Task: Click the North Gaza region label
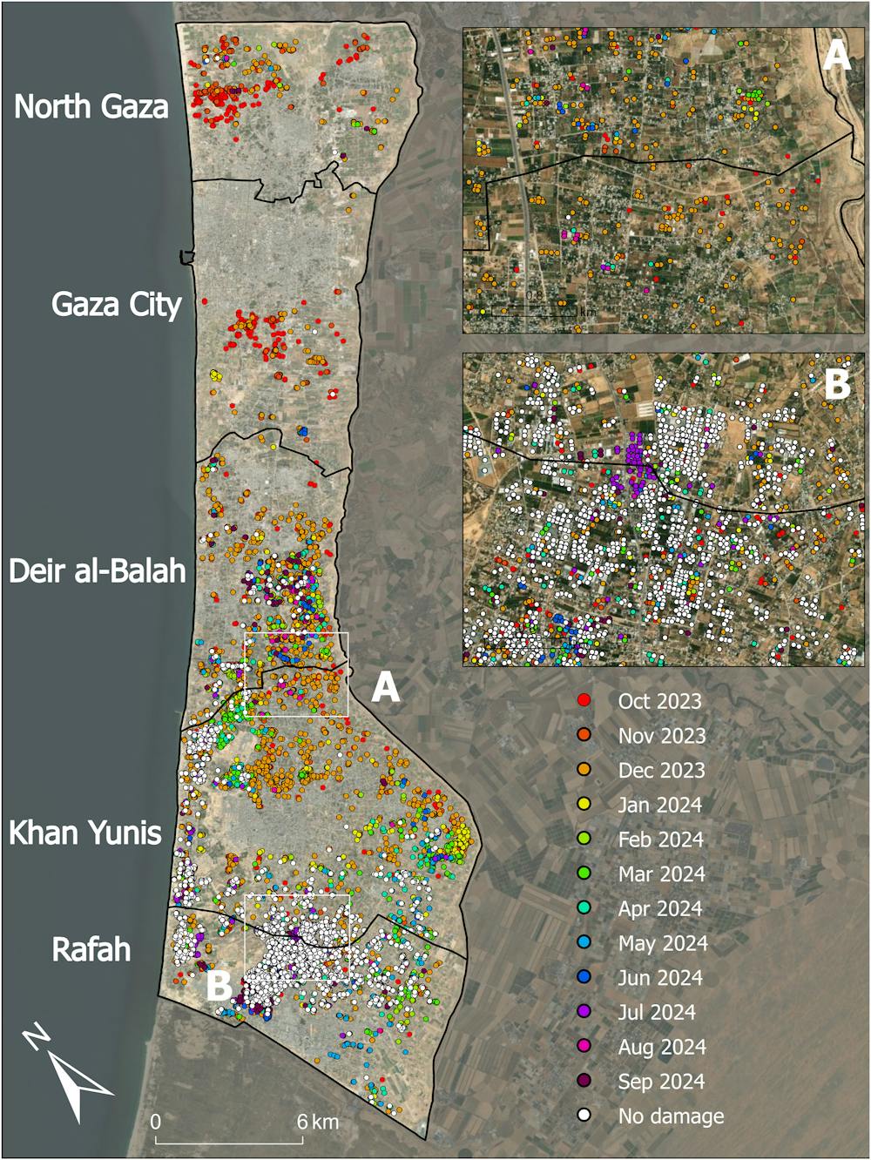click(x=91, y=106)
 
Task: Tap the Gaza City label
click(x=116, y=305)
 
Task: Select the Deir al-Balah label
click(x=98, y=570)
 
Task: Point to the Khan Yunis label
click(x=85, y=833)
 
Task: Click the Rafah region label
click(x=91, y=948)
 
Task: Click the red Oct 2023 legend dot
click(x=584, y=701)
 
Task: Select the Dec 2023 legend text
click(x=661, y=771)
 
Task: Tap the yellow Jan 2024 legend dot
click(x=584, y=805)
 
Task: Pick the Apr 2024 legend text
click(x=659, y=909)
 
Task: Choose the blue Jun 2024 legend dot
click(x=584, y=978)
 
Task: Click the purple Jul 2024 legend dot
click(x=584, y=1013)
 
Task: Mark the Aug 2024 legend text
click(x=661, y=1048)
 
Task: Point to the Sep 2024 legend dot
click(x=584, y=1082)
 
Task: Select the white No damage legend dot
click(x=584, y=1116)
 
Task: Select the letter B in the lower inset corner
click(x=836, y=384)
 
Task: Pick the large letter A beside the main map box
click(x=385, y=688)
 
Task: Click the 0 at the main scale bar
click(x=157, y=1122)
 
